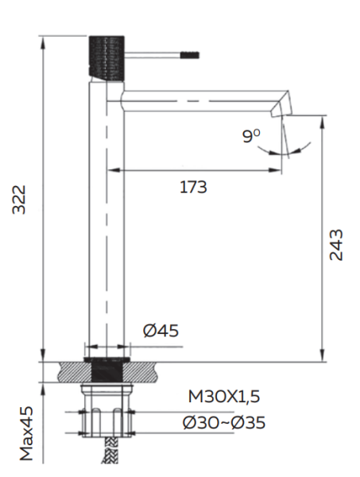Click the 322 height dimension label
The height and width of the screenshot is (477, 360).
click(19, 200)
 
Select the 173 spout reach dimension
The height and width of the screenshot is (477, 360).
click(193, 187)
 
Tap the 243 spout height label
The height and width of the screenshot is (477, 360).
click(336, 245)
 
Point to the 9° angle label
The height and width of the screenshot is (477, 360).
click(251, 136)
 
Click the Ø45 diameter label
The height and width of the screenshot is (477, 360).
click(161, 331)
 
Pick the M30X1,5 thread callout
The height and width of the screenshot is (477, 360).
click(224, 397)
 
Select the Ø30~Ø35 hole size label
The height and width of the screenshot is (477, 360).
click(224, 423)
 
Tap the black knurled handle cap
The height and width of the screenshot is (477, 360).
click(106, 58)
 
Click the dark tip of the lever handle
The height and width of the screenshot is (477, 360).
click(190, 55)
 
